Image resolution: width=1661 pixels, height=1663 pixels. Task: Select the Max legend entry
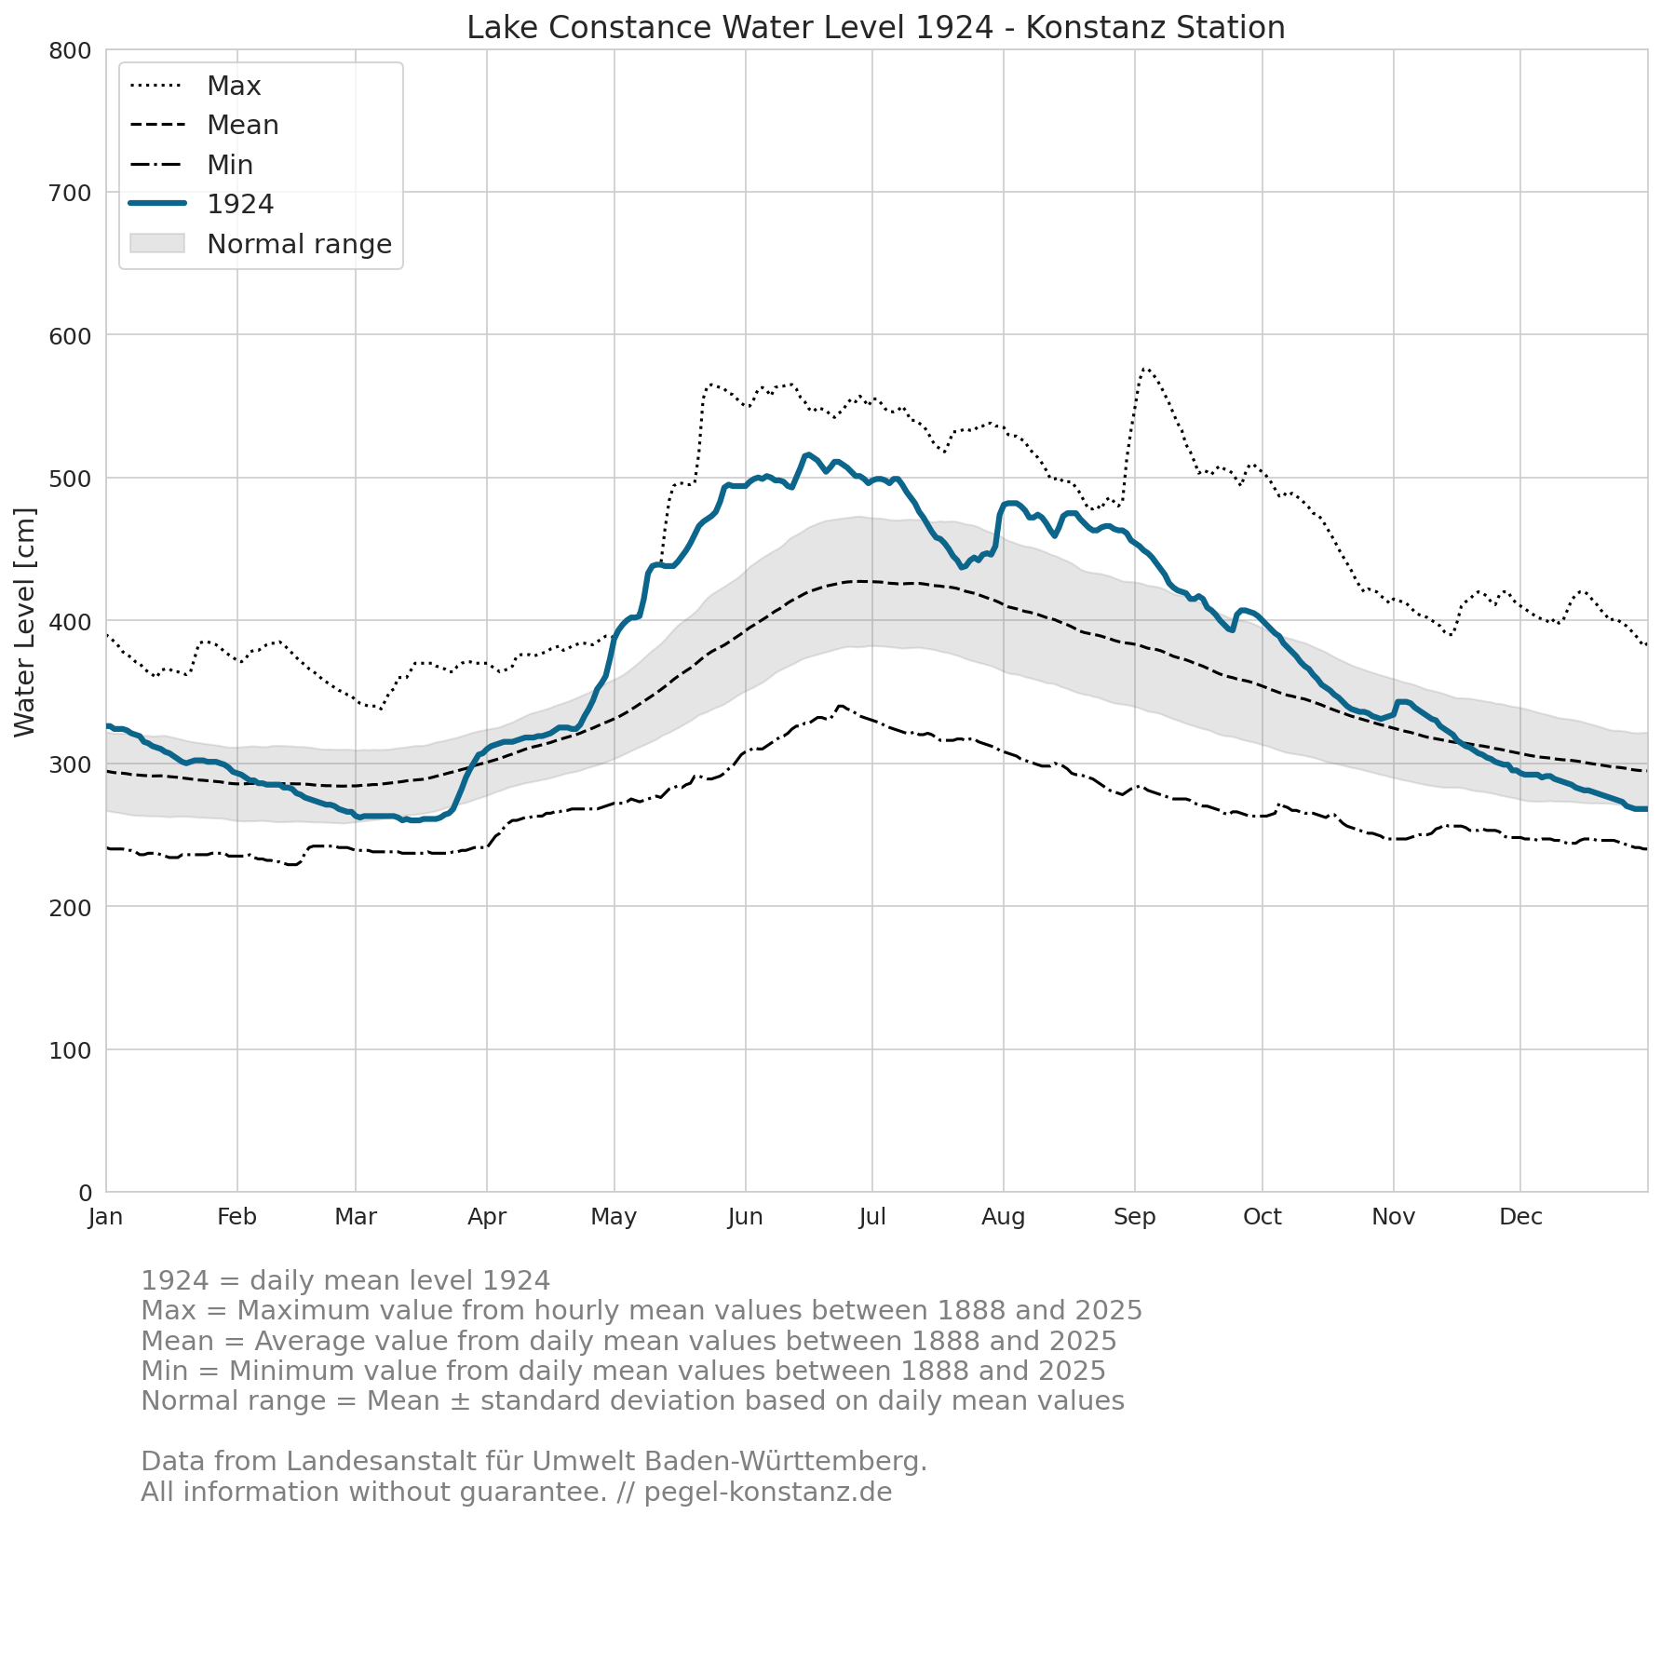pyautogui.click(x=196, y=86)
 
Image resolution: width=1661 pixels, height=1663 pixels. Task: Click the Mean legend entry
pyautogui.click(x=204, y=125)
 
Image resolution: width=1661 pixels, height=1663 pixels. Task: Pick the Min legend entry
pyautogui.click(x=191, y=165)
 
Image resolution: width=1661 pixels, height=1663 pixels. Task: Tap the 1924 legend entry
pyautogui.click(x=201, y=204)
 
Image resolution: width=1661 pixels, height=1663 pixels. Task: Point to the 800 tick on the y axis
pyautogui.click(x=71, y=50)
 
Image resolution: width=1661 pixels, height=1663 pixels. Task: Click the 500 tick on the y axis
pyautogui.click(x=71, y=479)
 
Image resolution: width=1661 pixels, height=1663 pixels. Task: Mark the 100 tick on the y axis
pyautogui.click(x=71, y=1050)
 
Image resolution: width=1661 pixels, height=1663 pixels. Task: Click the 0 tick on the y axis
pyautogui.click(x=86, y=1193)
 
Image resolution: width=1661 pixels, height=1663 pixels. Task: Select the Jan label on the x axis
pyautogui.click(x=106, y=1217)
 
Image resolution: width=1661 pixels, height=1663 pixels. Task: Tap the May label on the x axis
pyautogui.click(x=614, y=1217)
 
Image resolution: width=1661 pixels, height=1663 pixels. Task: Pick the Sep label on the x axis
pyautogui.click(x=1135, y=1217)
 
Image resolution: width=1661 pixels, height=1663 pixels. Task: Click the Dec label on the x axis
pyautogui.click(x=1521, y=1217)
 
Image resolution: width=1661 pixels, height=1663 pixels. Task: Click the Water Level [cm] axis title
pyautogui.click(x=25, y=622)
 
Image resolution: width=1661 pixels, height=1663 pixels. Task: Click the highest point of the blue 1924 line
pyautogui.click(x=807, y=454)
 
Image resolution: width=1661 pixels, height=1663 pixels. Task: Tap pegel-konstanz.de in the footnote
pyautogui.click(x=768, y=1493)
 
